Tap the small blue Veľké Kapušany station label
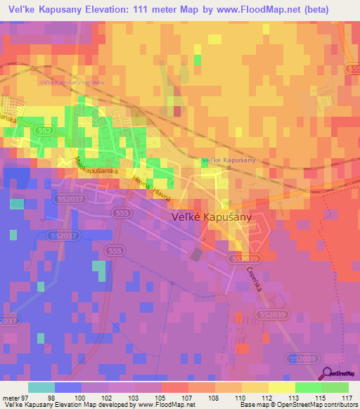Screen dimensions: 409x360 [227, 161]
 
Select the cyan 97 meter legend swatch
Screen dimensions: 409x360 [41, 387]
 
